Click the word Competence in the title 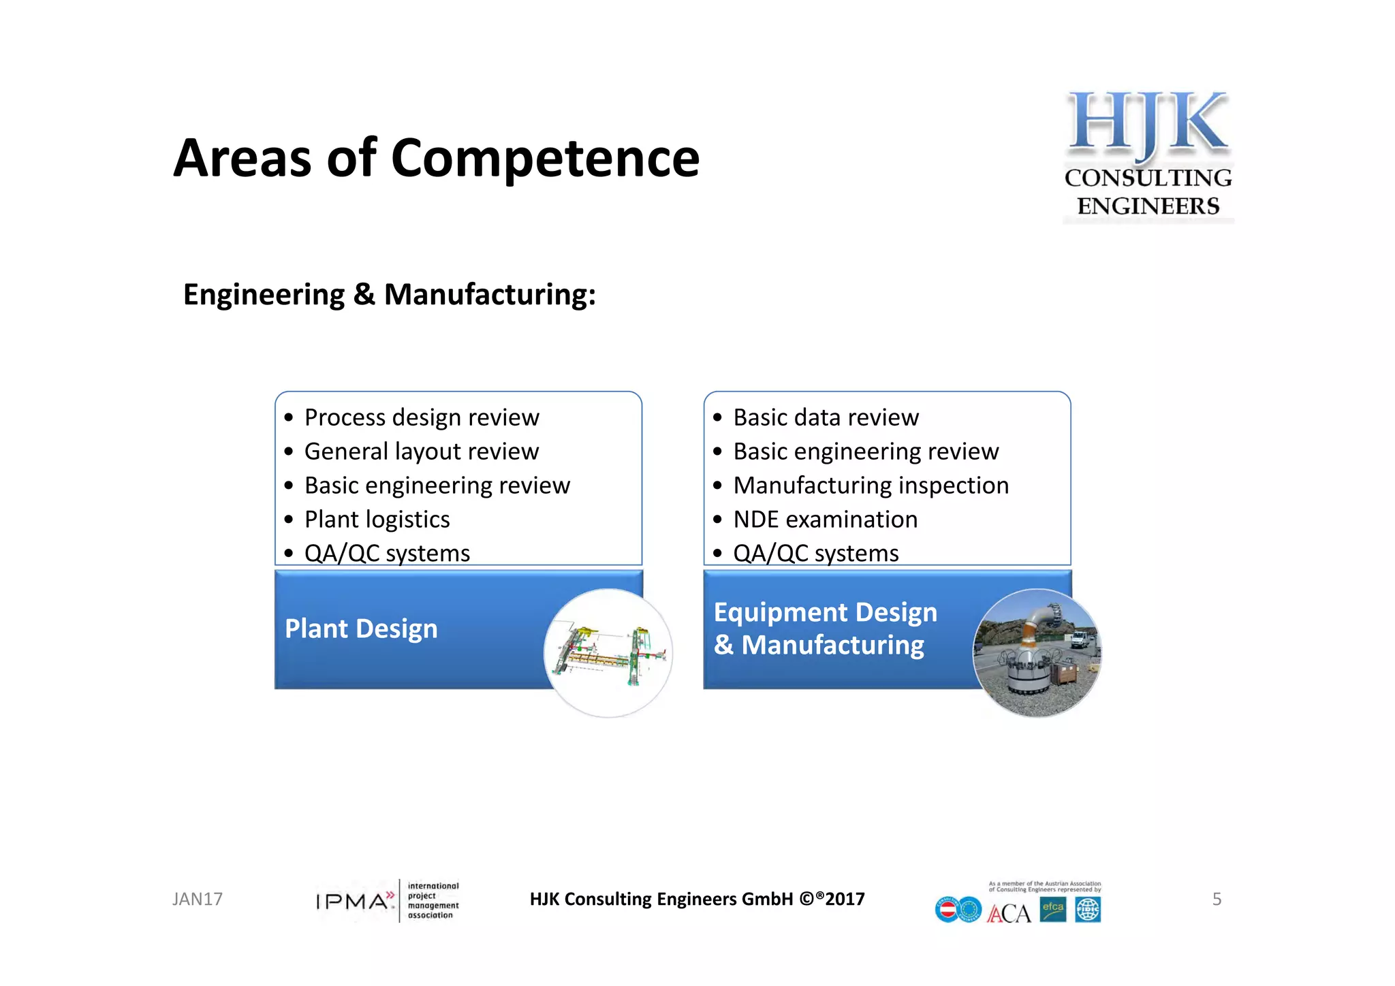[545, 159]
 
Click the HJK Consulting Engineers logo [1148, 155]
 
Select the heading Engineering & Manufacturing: [389, 295]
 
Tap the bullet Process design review [421, 417]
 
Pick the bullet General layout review [421, 451]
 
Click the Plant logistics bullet [377, 520]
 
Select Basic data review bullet [826, 417]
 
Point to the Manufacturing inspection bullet [871, 486]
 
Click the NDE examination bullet [825, 520]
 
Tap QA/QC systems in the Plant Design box [387, 553]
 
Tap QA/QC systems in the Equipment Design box [815, 553]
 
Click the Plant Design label [361, 629]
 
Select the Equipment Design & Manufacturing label [825, 629]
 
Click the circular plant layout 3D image [608, 653]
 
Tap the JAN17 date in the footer [197, 900]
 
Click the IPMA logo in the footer [387, 901]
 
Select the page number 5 [1217, 900]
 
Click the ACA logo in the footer [1009, 913]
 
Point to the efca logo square [1052, 909]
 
